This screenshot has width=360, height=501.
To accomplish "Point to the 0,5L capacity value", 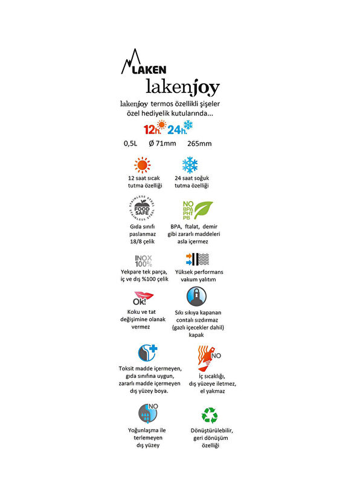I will tap(130, 144).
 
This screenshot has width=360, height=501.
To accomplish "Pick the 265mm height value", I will tap(199, 144).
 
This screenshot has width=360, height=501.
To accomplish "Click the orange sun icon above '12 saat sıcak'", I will tap(142, 165).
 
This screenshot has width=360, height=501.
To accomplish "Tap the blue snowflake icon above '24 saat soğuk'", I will tap(190, 165).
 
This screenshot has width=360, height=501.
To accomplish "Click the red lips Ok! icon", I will tap(143, 299).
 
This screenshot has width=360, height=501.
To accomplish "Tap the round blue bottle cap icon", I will tap(196, 296).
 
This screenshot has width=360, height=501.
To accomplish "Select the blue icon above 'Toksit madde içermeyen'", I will tap(149, 353).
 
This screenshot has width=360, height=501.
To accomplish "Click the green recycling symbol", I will tap(210, 415).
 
